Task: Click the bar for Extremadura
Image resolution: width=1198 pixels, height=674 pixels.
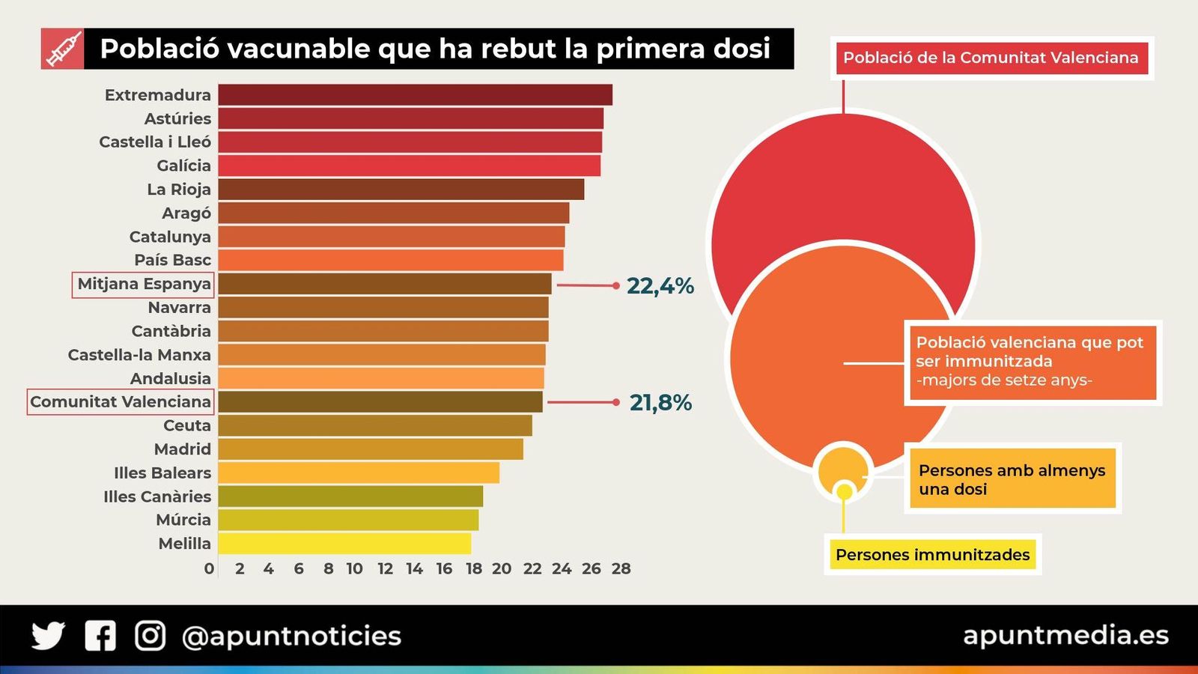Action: point(415,95)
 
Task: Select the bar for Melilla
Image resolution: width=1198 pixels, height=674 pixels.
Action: point(344,544)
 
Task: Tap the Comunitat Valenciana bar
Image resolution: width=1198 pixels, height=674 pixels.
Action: point(380,402)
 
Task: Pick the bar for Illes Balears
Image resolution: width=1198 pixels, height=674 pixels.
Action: point(359,473)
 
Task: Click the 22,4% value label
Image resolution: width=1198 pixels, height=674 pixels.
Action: point(660,286)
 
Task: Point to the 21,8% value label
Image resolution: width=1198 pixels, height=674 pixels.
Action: point(660,403)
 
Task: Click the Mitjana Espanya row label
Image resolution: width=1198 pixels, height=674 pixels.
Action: point(144,285)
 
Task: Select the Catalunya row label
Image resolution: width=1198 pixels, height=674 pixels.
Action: point(170,237)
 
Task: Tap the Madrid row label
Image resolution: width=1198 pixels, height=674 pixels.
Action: point(183,449)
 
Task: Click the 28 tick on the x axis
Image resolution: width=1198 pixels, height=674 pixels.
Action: point(621,569)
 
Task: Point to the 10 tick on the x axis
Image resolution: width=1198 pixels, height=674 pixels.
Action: point(354,569)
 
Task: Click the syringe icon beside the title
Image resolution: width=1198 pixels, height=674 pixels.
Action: point(63,49)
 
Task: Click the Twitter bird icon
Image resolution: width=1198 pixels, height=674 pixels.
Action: point(48,636)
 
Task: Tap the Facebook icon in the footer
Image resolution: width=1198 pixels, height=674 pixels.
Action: point(100,636)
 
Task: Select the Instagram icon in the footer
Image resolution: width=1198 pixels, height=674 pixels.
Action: point(150,636)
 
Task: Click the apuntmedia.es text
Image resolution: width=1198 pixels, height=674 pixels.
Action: point(1065,635)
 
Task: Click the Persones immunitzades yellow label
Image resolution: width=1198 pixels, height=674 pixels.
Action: point(932,555)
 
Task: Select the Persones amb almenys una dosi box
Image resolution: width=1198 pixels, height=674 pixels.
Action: point(1012,479)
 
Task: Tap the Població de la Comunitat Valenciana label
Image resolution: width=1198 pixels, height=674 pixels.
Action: point(991,58)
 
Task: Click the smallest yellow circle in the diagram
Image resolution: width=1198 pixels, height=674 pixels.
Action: point(845,492)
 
